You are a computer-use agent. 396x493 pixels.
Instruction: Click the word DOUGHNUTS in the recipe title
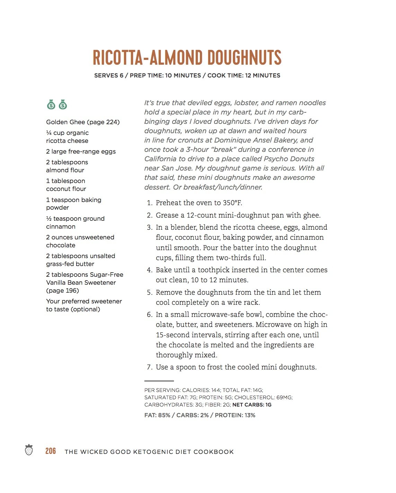(244, 58)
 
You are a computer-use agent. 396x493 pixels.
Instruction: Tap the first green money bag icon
(51, 104)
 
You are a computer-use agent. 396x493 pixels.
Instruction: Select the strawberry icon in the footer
(29, 450)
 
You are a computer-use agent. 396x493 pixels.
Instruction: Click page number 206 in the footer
(51, 451)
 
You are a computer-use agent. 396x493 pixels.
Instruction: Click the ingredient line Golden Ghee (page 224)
(83, 122)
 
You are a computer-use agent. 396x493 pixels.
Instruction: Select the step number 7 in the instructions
(149, 367)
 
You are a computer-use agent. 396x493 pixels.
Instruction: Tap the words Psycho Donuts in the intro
(289, 159)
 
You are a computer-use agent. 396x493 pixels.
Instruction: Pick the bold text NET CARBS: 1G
(252, 405)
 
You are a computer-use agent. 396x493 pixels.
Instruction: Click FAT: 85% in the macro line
(157, 415)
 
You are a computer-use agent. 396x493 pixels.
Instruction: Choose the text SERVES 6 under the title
(109, 75)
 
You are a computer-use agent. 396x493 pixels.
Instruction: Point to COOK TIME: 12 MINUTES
(244, 75)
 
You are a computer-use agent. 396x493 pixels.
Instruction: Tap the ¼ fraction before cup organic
(49, 133)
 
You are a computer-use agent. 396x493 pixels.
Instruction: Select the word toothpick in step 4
(214, 270)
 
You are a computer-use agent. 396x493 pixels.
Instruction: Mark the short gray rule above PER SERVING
(159, 381)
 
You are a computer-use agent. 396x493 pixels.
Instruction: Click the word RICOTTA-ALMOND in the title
(148, 58)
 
